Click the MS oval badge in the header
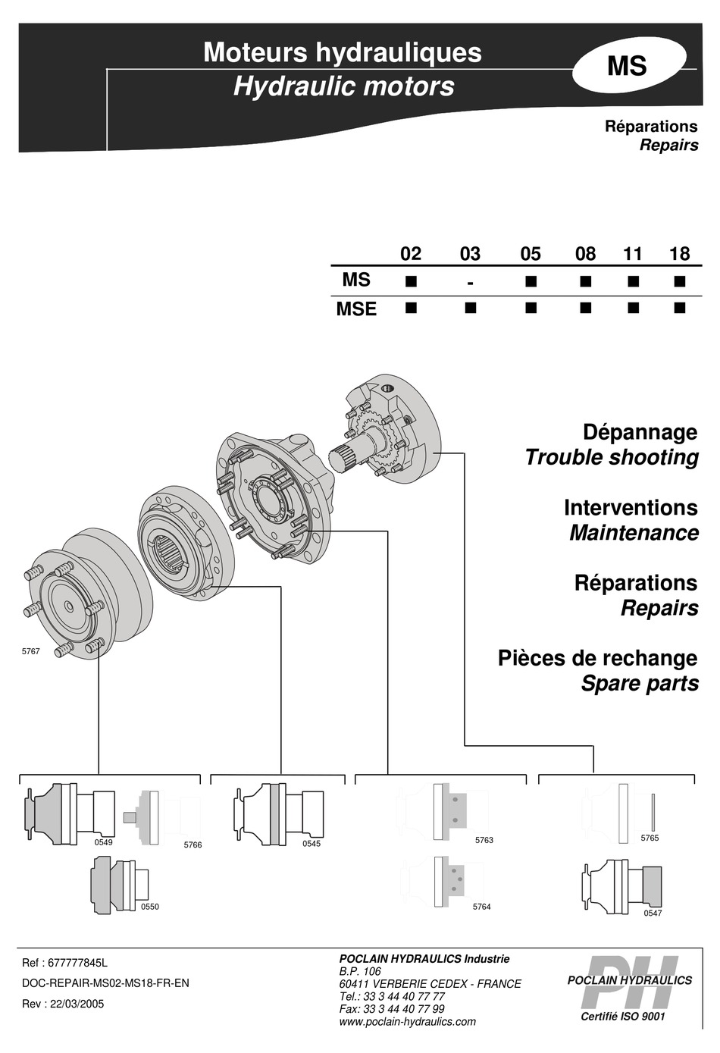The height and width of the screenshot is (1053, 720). coord(628,66)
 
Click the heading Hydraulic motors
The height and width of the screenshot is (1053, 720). coord(343,86)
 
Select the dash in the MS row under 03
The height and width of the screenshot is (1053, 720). coord(470,283)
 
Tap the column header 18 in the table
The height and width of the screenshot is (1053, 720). coord(679,254)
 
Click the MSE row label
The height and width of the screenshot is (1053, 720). coord(356,309)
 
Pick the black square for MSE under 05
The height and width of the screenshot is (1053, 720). coord(531,308)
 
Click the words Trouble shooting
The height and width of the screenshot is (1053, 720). coord(611,458)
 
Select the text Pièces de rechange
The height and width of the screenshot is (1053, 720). coord(597,658)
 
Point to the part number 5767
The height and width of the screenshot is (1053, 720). coord(30,651)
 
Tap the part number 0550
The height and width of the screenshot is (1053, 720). coord(150,907)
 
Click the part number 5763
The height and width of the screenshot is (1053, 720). coord(484,840)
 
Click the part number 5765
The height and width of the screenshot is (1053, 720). coord(650,838)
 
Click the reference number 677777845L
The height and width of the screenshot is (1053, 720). coord(78,963)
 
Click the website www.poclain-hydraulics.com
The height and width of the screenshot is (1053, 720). coord(408,1021)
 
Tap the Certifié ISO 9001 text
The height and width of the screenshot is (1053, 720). coord(622,1016)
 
